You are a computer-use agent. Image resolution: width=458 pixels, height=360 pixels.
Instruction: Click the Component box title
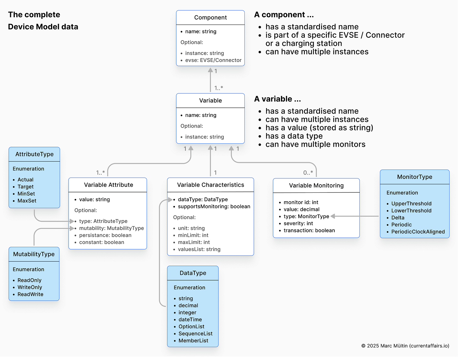(x=210, y=18)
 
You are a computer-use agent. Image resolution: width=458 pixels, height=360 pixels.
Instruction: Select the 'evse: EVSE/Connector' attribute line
(x=213, y=60)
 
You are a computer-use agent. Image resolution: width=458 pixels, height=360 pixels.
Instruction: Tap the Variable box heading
(x=210, y=101)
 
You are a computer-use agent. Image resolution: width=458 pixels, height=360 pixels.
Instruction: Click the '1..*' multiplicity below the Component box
(x=219, y=88)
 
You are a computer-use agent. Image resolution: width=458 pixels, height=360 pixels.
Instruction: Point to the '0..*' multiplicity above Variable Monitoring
(x=308, y=173)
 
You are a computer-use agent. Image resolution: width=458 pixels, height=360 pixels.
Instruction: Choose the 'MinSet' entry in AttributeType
(x=26, y=194)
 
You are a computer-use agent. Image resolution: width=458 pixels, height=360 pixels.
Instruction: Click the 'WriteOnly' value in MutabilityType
(x=30, y=287)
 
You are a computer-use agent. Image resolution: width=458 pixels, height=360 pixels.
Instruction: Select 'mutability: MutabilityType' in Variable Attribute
(x=111, y=228)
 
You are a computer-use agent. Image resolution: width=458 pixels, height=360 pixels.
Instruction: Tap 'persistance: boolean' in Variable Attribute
(x=105, y=235)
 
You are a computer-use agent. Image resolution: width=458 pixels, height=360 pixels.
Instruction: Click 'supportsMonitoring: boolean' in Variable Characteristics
(x=214, y=207)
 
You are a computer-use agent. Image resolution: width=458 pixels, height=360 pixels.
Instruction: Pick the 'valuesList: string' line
(x=199, y=249)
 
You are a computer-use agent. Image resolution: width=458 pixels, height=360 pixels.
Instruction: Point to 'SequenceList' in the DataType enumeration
(x=195, y=334)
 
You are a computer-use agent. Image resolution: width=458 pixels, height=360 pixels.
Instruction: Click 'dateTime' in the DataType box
(x=190, y=319)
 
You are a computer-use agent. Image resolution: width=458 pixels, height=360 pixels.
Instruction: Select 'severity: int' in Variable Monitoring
(x=298, y=224)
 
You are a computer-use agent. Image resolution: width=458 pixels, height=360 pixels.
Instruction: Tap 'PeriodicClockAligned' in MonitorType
(x=418, y=232)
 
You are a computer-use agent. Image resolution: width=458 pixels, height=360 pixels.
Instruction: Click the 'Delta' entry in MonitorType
(x=398, y=218)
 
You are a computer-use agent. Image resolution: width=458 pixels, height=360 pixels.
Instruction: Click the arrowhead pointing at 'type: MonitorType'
(x=333, y=216)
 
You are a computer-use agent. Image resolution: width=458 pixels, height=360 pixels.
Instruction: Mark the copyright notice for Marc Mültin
(x=405, y=346)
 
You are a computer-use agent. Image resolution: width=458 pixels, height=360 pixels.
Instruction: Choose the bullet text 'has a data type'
(x=294, y=136)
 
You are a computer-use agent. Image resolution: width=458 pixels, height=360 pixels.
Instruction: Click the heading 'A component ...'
(x=284, y=15)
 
